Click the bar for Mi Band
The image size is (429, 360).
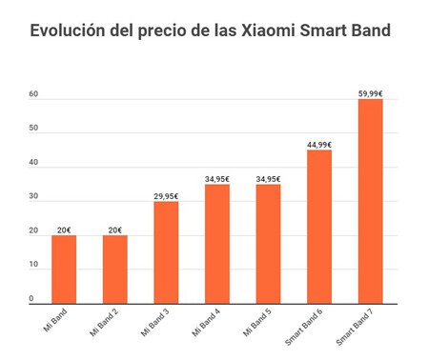[x=64, y=270]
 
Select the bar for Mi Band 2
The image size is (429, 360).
[x=114, y=270]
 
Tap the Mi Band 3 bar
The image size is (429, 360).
[x=166, y=252]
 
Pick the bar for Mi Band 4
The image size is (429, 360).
[x=216, y=244]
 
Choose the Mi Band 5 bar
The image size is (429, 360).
[x=268, y=244]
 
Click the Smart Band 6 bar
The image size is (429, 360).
[x=319, y=227]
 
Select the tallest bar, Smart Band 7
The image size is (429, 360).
[x=370, y=201]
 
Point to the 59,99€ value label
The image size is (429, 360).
[x=370, y=93]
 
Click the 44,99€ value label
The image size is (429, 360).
[x=319, y=145]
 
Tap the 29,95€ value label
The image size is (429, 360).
[x=166, y=196]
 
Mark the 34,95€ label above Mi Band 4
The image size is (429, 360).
[x=216, y=179]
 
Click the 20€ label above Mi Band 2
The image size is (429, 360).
[x=114, y=230]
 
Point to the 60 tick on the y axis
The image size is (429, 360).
[x=33, y=93]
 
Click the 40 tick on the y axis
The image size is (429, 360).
[x=33, y=162]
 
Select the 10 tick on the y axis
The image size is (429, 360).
[x=33, y=265]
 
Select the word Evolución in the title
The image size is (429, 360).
[x=72, y=30]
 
